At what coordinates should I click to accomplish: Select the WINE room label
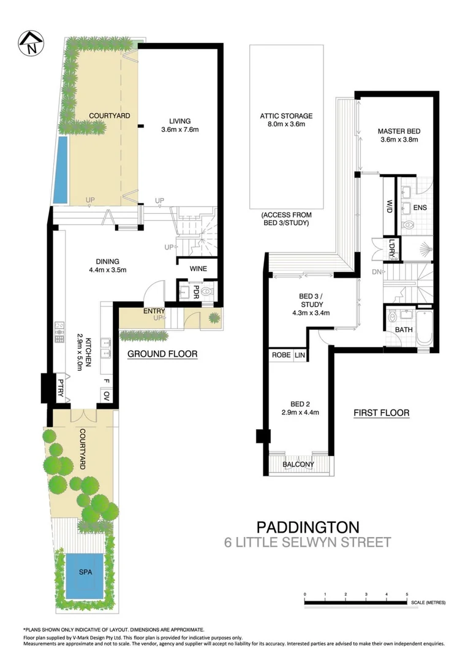pyautogui.click(x=198, y=269)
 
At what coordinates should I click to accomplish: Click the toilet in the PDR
pyautogui.click(x=206, y=291)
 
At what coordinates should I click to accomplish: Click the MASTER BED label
pyautogui.click(x=399, y=131)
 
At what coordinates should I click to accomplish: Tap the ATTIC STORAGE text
pyautogui.click(x=286, y=116)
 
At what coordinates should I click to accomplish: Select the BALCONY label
pyautogui.click(x=298, y=464)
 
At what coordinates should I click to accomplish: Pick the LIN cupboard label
pyautogui.click(x=300, y=356)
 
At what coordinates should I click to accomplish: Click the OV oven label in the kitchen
pyautogui.click(x=106, y=397)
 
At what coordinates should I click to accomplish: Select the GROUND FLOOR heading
pyautogui.click(x=162, y=354)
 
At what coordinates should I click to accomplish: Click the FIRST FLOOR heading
pyautogui.click(x=381, y=413)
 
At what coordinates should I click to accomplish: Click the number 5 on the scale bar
pyautogui.click(x=407, y=595)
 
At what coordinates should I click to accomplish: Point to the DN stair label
pyautogui.click(x=377, y=272)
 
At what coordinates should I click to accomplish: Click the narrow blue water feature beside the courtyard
pyautogui.click(x=61, y=170)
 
